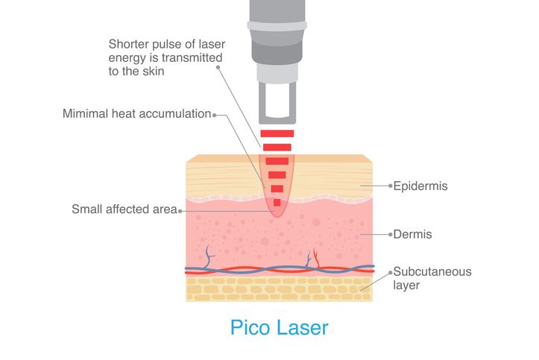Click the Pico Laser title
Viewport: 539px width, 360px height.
(x=279, y=327)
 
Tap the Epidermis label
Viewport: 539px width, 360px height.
(x=420, y=186)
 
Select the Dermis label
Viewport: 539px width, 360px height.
(x=412, y=234)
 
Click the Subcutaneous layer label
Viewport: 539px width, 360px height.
(x=432, y=278)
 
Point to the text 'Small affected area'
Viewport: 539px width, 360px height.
(x=124, y=209)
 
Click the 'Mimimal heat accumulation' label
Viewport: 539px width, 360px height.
(x=137, y=114)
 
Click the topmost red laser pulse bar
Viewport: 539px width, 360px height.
(x=277, y=133)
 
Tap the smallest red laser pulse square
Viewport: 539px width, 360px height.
(x=277, y=203)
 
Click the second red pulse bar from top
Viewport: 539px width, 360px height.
(x=277, y=148)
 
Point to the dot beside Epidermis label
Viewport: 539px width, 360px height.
(x=391, y=186)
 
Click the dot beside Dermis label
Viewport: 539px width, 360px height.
(x=391, y=234)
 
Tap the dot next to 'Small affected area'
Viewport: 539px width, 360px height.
(x=180, y=211)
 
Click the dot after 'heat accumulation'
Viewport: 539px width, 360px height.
(x=214, y=115)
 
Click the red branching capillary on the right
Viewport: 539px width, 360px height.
(x=316, y=258)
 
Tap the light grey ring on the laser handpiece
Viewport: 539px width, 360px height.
(x=277, y=26)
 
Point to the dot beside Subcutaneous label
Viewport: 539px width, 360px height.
(x=391, y=273)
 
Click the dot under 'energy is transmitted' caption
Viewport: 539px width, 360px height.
(x=218, y=67)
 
